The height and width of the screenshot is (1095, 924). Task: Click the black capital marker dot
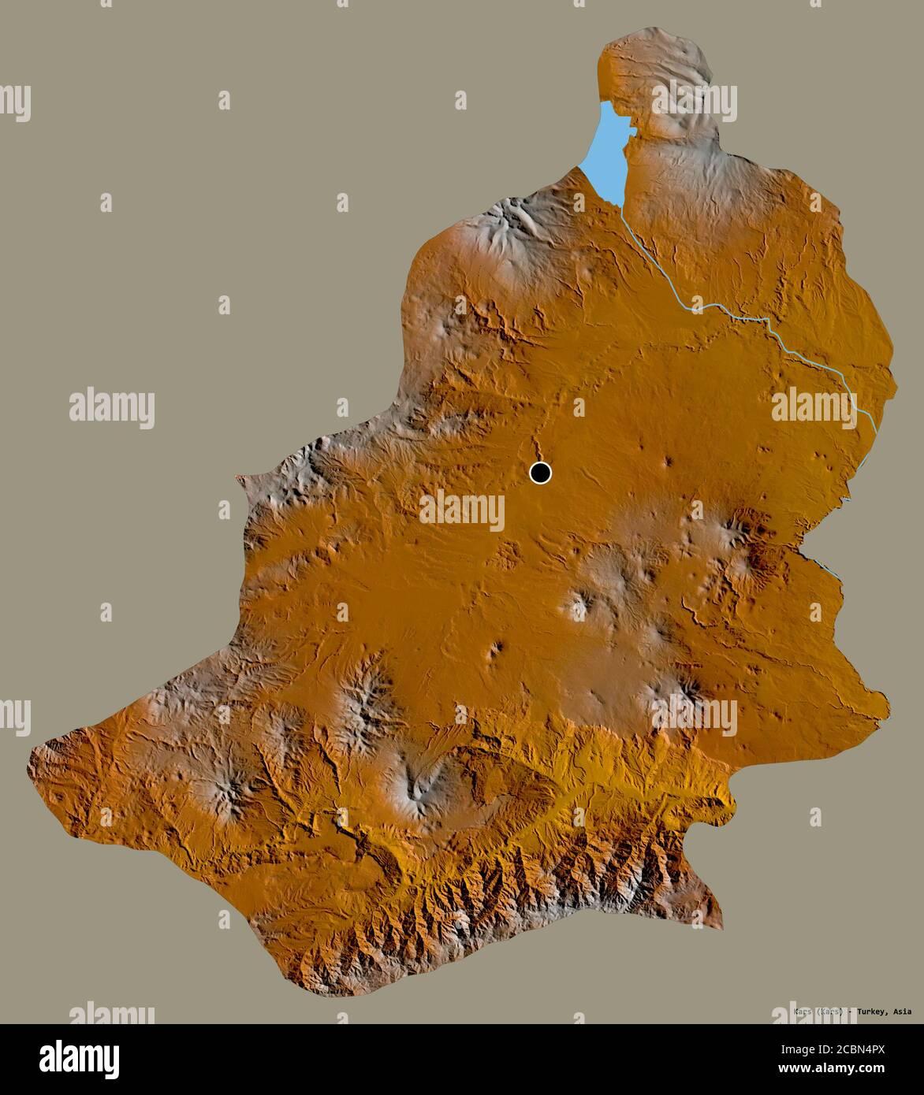coord(540,473)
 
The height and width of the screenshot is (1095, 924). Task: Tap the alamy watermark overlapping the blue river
coord(814,406)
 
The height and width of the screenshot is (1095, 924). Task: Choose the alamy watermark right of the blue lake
coord(694,100)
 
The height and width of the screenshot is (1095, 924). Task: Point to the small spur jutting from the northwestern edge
coord(240,478)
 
